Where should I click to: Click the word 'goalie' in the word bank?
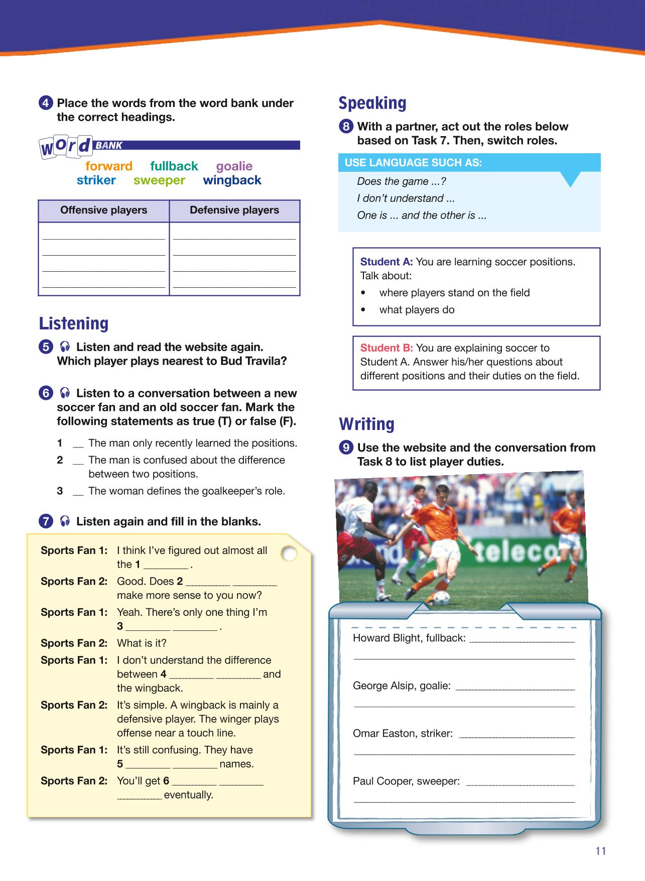click(234, 166)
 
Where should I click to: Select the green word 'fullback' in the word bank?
click(174, 166)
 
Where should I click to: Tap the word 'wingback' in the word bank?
click(232, 180)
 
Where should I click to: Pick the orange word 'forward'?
click(109, 166)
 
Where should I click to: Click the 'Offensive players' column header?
click(104, 210)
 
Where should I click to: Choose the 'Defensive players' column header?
click(234, 210)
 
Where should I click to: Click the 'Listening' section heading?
click(74, 323)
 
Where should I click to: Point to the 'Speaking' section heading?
click(372, 103)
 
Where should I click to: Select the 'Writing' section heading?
click(366, 424)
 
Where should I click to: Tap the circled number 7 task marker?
click(45, 522)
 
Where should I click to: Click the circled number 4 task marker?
click(45, 103)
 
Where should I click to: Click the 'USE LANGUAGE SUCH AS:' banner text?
click(413, 163)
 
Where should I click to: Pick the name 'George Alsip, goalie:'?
click(402, 686)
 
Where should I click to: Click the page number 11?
click(601, 851)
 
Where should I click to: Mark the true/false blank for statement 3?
click(78, 492)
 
